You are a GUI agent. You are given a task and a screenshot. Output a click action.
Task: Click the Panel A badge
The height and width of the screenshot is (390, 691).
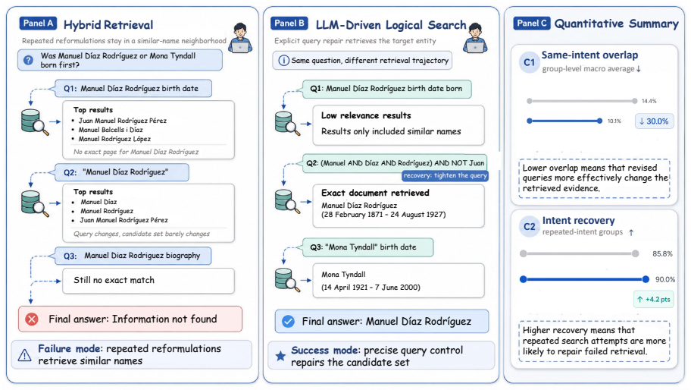tap(38, 24)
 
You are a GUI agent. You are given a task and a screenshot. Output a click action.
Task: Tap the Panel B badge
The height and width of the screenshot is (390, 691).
tap(289, 24)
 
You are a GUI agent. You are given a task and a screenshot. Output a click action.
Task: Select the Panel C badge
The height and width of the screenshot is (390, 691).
tap(532, 24)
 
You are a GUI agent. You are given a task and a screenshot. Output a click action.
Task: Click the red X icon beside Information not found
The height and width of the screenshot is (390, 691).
tap(32, 319)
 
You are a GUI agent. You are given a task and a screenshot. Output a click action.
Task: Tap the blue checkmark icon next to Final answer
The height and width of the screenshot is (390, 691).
tap(288, 321)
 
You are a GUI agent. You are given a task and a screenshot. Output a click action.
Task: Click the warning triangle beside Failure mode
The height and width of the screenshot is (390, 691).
tap(25, 354)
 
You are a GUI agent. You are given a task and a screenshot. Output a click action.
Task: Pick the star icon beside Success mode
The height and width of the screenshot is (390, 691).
tap(280, 356)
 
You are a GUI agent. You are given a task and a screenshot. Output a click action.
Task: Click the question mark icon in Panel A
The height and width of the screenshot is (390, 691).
tap(28, 60)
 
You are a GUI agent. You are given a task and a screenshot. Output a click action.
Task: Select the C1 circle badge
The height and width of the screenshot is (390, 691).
tap(529, 62)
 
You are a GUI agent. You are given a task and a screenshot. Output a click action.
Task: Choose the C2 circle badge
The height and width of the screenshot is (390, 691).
tap(530, 227)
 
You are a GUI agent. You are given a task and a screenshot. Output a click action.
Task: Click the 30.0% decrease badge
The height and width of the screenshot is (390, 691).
tap(654, 121)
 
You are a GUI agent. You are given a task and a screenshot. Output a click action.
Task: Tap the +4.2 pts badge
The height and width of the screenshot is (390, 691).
tap(654, 299)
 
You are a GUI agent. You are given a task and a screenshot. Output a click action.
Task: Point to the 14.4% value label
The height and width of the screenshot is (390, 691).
tap(649, 101)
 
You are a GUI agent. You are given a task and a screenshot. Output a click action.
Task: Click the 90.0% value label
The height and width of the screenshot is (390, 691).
tap(665, 279)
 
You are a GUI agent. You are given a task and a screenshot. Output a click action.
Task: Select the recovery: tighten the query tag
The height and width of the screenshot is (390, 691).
tap(445, 175)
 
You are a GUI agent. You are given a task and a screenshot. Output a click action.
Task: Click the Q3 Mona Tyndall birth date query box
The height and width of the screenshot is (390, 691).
tap(368, 247)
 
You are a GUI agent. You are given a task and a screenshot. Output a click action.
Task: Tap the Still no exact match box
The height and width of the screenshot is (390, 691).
tap(149, 280)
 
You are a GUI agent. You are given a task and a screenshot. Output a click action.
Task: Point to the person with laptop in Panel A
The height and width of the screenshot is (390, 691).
tap(241, 38)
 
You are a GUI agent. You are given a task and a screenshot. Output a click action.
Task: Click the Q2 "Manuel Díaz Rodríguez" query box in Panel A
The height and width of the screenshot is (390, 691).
tap(122, 172)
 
